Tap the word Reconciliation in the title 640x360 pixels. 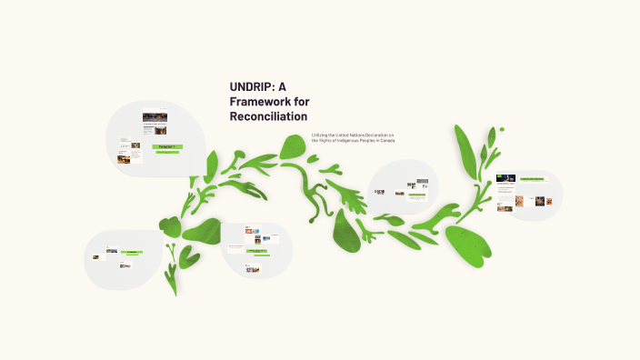[268, 117]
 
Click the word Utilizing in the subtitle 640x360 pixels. [319, 135]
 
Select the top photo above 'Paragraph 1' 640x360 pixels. [154, 117]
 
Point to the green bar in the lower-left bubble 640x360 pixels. [132, 253]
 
